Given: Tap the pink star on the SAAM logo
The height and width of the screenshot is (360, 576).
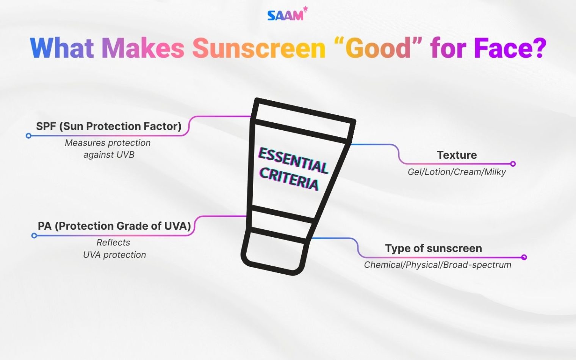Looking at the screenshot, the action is tap(305, 9).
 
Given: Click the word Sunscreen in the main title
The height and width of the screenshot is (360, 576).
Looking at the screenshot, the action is tap(259, 48).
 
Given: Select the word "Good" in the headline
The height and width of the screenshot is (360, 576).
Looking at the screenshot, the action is tap(383, 48).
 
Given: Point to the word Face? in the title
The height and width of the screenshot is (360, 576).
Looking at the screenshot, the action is tap(510, 48).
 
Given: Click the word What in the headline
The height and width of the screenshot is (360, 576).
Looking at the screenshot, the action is tap(62, 48).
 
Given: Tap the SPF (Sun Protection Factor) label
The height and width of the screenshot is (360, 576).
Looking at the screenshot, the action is tap(109, 126).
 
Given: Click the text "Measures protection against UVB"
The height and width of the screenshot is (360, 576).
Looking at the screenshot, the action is tap(108, 149).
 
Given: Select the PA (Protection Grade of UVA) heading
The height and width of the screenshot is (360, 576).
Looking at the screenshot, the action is tap(114, 226).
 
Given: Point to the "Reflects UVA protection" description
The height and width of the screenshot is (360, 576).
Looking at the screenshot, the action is tap(114, 249).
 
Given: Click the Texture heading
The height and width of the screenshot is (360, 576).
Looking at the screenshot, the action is tap(457, 155).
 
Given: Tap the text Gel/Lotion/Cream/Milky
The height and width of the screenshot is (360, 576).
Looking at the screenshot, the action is tap(457, 172).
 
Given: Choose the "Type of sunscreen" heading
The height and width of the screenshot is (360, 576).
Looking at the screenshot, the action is tap(434, 249).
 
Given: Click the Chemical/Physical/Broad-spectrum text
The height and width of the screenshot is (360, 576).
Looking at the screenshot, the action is tap(438, 265).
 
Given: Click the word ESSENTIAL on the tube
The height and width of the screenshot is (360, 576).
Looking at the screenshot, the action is tap(293, 161).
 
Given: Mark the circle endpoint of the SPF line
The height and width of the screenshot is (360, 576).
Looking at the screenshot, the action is tap(28, 136).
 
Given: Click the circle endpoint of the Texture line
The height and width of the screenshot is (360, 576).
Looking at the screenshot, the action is tap(513, 164).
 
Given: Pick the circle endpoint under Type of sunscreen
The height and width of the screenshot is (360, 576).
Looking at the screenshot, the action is tap(524, 257).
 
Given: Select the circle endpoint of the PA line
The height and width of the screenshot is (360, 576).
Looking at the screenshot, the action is tap(34, 236).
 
